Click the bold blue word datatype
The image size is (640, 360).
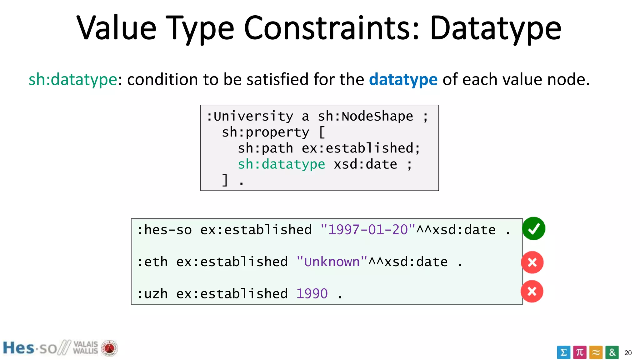click(x=403, y=79)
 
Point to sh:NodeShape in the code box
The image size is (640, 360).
click(x=365, y=117)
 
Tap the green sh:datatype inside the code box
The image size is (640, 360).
click(x=281, y=164)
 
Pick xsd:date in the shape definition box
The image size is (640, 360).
click(x=365, y=164)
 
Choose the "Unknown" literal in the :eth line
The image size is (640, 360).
click(x=332, y=262)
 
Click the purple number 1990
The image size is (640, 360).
click(x=312, y=294)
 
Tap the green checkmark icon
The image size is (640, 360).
click(x=534, y=229)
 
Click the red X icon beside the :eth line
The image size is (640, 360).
click(x=532, y=262)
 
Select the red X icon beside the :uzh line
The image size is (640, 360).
click(x=532, y=291)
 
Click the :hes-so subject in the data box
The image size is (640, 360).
click(x=164, y=230)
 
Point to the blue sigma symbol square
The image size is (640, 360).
click(x=563, y=352)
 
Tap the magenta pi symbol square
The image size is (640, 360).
click(x=580, y=352)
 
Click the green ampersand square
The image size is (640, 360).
click(x=612, y=352)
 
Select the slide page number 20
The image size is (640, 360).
click(x=628, y=353)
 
